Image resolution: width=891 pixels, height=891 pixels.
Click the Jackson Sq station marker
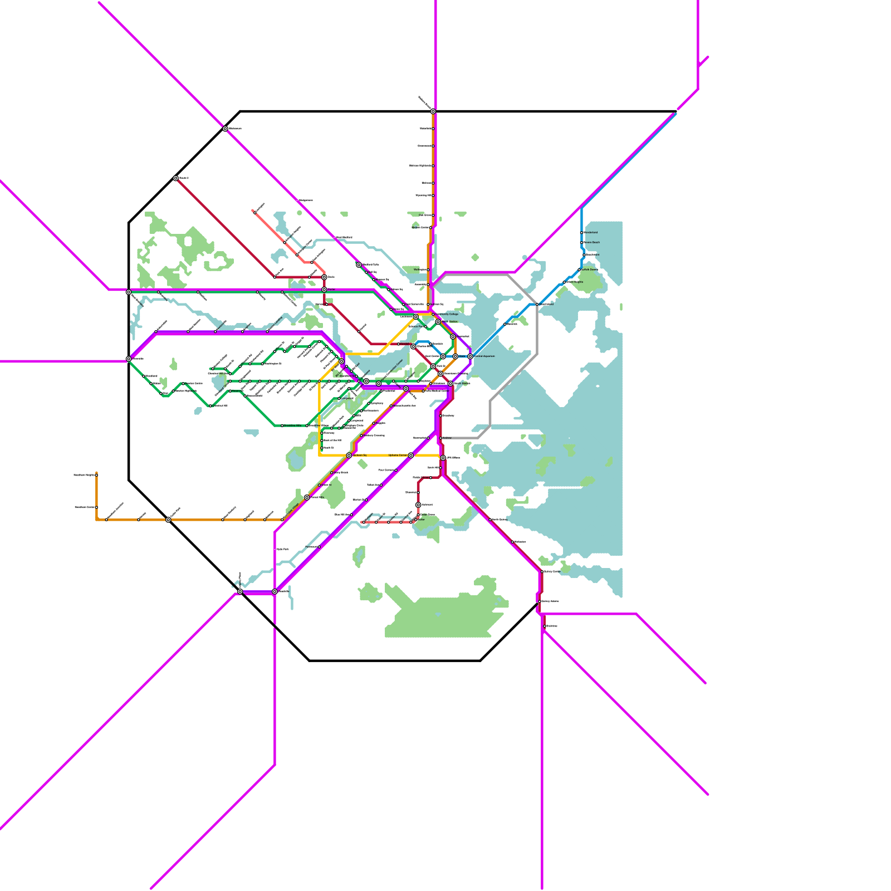pyautogui.click(x=349, y=456)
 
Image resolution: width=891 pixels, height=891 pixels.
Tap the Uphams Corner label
pyautogui.click(x=398, y=455)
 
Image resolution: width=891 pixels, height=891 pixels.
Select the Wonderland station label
pyautogui.click(x=591, y=232)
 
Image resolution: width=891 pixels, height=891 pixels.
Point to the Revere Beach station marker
pyautogui.click(x=581, y=242)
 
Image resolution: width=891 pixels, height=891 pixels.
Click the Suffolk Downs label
pyautogui.click(x=590, y=270)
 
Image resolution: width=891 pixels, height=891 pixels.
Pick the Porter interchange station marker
pyautogui.click(x=324, y=290)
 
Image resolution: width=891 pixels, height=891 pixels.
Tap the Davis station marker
pyautogui.click(x=324, y=277)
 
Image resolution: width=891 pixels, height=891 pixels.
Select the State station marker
pyautogui.click(x=456, y=356)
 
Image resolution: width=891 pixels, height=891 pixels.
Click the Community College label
pyautogui.click(x=447, y=314)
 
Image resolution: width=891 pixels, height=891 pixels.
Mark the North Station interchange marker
pyautogui.click(x=438, y=322)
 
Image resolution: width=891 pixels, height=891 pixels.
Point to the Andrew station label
pyautogui.click(x=447, y=438)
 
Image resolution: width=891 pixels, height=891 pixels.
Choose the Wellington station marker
pyautogui.click(x=428, y=270)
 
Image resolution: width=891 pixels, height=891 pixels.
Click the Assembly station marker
pyautogui.click(x=428, y=284)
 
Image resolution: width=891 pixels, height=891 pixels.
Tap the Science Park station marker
pyautogui.click(x=425, y=326)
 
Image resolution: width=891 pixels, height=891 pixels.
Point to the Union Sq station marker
pyautogui.click(x=391, y=309)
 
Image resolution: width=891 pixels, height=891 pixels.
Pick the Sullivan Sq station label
pyautogui.click(x=438, y=304)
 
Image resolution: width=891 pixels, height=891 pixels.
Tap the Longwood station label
pyautogui.click(x=347, y=398)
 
